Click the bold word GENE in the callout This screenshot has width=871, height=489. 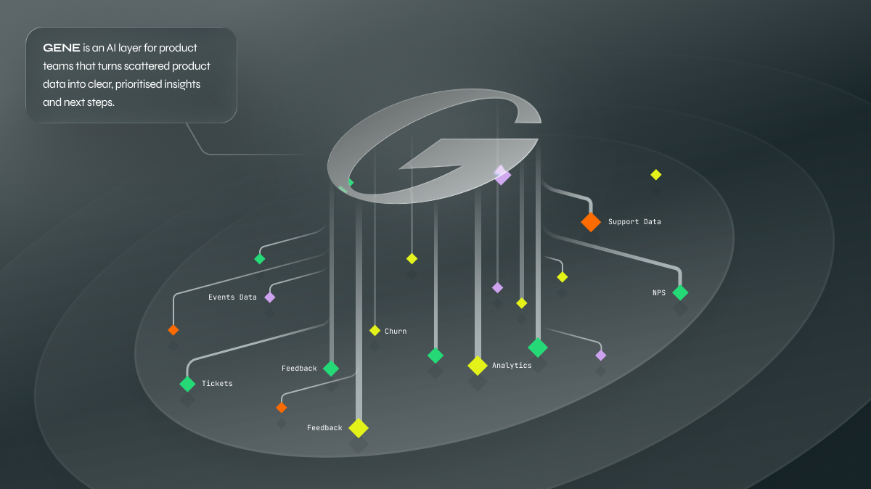[62, 48]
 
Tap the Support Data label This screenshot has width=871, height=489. [634, 221]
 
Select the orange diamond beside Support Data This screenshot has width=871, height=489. [591, 221]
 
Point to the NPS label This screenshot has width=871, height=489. [658, 293]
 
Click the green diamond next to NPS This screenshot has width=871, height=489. [680, 292]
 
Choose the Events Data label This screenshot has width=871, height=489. [232, 297]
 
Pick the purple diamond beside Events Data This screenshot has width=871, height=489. [270, 297]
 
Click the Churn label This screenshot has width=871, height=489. [396, 332]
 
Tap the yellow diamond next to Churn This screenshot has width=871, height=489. [375, 331]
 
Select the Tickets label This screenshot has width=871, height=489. [217, 383]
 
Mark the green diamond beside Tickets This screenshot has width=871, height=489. [187, 384]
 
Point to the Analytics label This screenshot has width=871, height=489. [512, 366]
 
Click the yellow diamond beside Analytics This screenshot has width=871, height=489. [477, 366]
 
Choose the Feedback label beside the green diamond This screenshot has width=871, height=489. [299, 369]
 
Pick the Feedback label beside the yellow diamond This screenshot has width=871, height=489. [324, 428]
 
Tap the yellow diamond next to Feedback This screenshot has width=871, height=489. [359, 428]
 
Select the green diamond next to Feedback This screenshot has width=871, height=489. [331, 369]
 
